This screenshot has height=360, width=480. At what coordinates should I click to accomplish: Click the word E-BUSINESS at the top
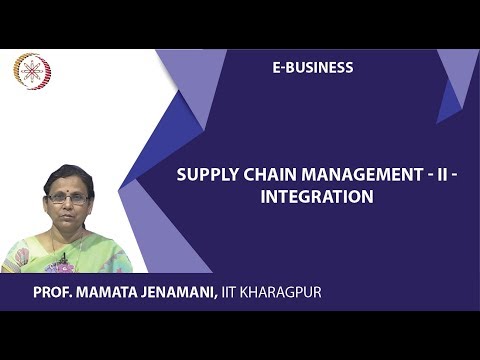312,68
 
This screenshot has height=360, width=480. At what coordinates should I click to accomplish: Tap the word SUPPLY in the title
204,174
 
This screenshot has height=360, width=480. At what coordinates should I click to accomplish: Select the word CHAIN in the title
265,174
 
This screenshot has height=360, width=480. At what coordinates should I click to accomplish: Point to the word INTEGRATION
316,197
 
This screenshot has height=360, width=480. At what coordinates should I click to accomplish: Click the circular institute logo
31,71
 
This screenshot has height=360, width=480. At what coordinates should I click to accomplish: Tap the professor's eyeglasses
67,199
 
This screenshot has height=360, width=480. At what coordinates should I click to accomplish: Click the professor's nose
67,206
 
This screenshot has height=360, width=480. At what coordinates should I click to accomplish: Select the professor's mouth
68,217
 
